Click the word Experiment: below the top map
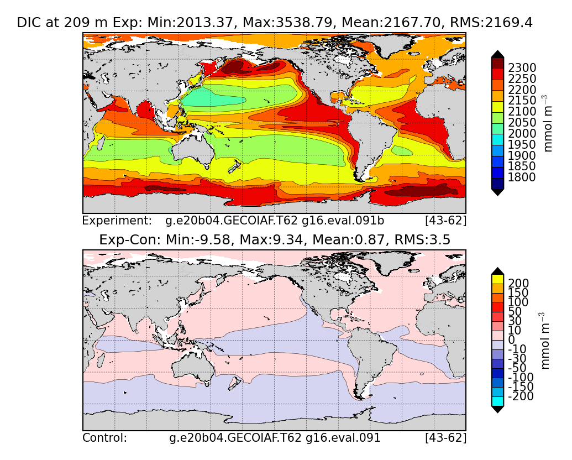[117, 221]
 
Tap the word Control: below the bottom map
[104, 438]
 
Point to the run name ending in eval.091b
[275, 221]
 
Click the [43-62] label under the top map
[445, 221]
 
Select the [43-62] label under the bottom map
[445, 438]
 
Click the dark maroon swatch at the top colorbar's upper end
[497, 63]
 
